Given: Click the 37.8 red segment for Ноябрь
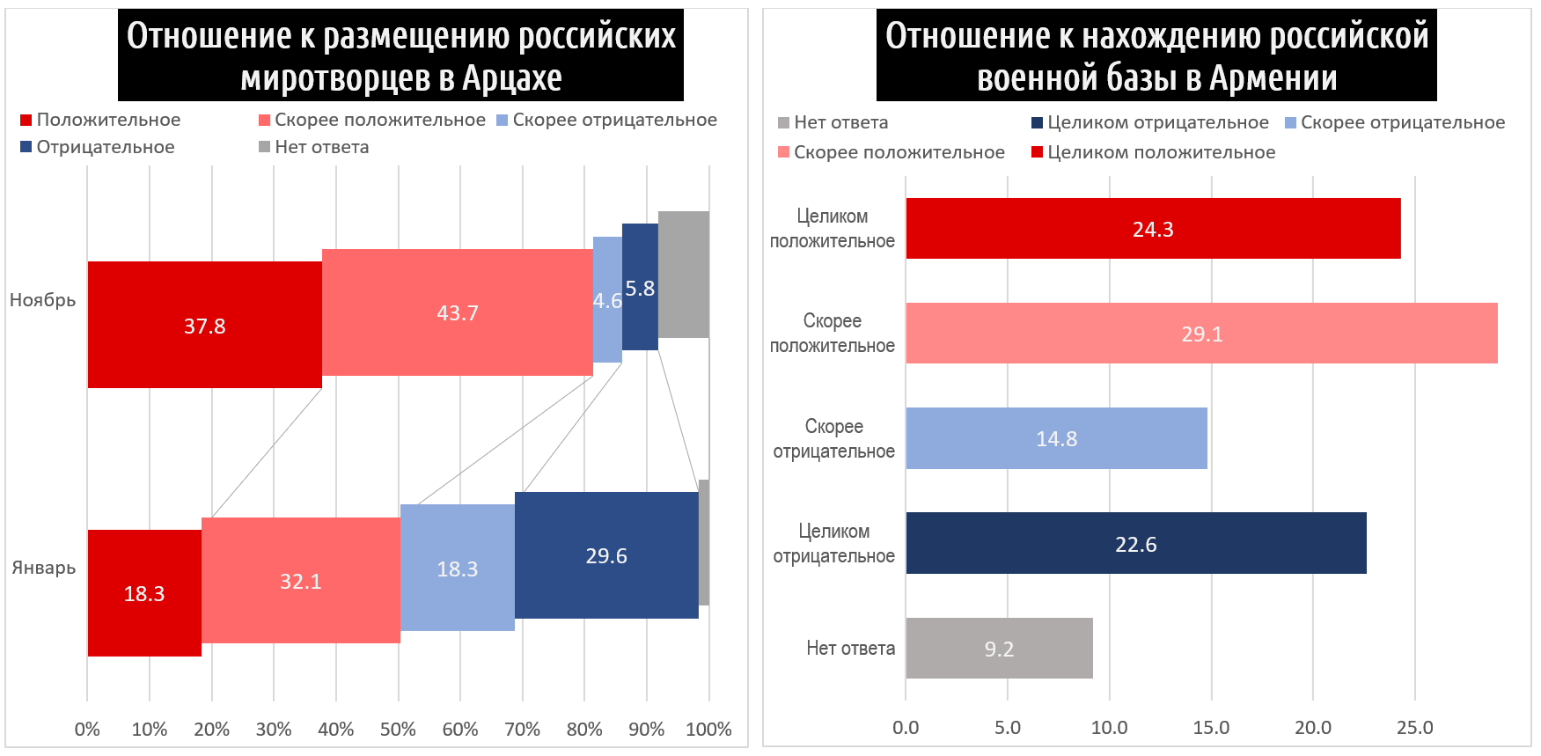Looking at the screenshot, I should coord(204,325).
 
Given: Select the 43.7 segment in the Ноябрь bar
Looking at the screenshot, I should coord(457,312).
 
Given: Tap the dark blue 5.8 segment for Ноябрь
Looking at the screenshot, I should coord(640,287).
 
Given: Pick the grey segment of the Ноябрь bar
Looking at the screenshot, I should coord(683,275).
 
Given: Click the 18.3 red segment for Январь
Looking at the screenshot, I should coord(144,592).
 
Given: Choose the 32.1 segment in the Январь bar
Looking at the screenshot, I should coord(300,581).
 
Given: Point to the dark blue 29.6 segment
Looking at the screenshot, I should coord(606,555).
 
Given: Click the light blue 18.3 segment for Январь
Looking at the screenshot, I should coord(457,568).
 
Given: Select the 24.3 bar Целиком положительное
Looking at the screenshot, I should coord(1152,229).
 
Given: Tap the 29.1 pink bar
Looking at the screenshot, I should coord(1201,334).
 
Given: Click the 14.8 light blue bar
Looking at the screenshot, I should coord(1056,438).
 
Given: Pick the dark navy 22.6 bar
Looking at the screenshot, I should coord(1135,544).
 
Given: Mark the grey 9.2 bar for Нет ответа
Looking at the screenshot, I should coord(999,649).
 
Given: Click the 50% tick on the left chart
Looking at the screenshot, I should coord(398,729).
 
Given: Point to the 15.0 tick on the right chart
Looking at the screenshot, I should coord(1211,728).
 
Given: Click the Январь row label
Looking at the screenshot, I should coord(43,568).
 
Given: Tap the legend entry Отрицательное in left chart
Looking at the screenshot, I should coord(105,147).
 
